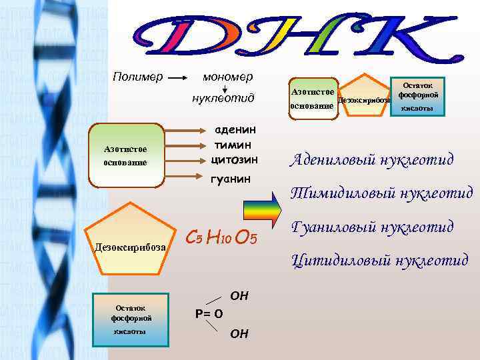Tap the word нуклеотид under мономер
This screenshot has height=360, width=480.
223,99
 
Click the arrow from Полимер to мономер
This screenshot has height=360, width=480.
177,77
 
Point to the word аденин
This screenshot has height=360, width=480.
233,131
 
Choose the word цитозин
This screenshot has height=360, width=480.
233,160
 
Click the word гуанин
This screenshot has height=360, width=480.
231,179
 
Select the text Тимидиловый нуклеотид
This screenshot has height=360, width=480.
381,193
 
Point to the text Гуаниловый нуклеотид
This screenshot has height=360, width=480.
373,227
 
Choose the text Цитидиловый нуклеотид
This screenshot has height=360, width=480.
380,259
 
